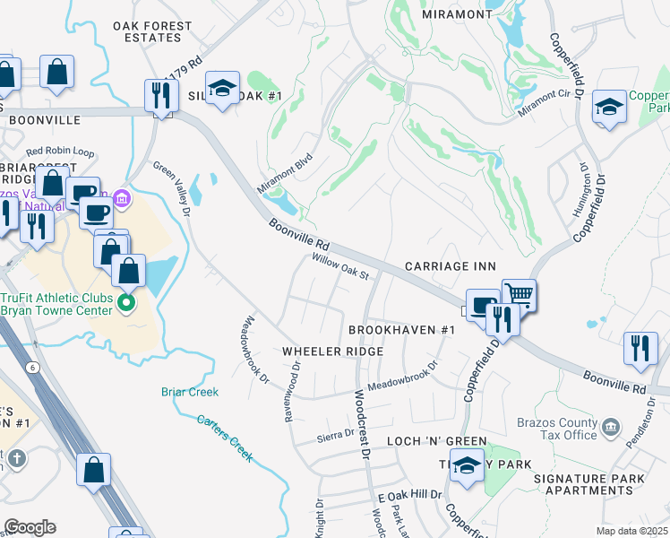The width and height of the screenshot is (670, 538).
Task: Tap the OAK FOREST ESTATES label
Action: point(153,32)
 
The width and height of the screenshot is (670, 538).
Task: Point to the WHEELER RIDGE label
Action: point(333,351)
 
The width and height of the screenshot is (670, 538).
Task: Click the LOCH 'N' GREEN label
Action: point(436,442)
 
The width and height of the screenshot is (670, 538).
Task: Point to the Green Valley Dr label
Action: point(173,188)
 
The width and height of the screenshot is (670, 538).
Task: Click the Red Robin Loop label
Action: point(60,152)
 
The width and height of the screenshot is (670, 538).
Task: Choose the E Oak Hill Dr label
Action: point(410,495)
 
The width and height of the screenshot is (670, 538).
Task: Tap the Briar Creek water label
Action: point(190,392)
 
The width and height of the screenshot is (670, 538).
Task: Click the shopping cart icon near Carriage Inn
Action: point(519,294)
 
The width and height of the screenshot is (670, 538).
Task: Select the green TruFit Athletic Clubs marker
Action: point(126,303)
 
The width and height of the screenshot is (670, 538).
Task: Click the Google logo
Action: point(30,526)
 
